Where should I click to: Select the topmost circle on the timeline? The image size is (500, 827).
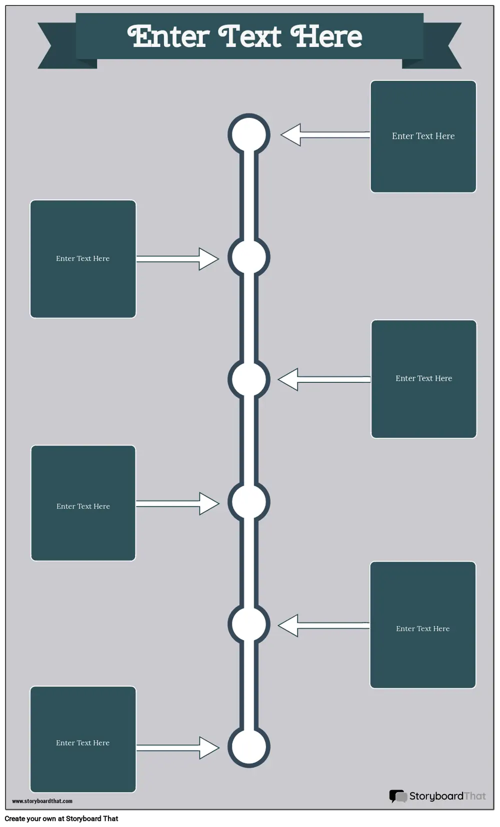click(x=248, y=134)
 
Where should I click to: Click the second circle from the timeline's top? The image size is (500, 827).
click(x=248, y=257)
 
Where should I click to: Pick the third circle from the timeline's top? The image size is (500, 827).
click(x=248, y=379)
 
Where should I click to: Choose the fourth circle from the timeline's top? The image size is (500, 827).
click(x=248, y=502)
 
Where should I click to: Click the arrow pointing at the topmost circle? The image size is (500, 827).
click(x=325, y=135)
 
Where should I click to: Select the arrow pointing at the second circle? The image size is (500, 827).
click(x=178, y=259)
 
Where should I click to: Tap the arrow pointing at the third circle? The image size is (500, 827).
click(x=324, y=379)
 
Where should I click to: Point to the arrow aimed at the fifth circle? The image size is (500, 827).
click(x=323, y=626)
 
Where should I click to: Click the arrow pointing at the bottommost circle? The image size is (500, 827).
click(x=178, y=748)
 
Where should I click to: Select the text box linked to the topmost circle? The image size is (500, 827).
click(x=423, y=136)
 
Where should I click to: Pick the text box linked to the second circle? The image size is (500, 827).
click(x=83, y=259)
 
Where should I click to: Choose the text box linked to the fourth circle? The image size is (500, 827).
click(x=83, y=503)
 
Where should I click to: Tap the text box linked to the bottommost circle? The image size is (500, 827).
click(x=83, y=739)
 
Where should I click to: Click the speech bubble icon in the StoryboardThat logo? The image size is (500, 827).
click(x=398, y=796)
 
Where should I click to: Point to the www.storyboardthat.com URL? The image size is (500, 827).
click(x=42, y=801)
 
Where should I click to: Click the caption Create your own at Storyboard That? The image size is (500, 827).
click(x=61, y=819)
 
